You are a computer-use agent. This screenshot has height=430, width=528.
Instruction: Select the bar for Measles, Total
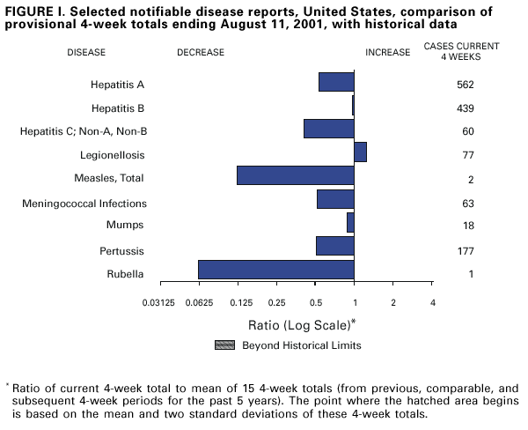tap(296, 174)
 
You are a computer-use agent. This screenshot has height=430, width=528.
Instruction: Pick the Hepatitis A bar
tap(336, 82)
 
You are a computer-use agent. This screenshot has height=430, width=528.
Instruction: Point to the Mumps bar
tap(350, 222)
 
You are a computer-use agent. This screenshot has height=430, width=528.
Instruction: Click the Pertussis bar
tap(334, 246)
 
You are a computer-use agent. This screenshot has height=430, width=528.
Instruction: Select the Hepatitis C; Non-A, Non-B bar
tap(329, 129)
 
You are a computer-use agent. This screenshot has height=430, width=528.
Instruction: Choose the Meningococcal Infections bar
tap(335, 199)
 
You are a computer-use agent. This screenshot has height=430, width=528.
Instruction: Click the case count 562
tap(466, 85)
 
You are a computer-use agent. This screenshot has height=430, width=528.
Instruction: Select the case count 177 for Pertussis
tap(466, 251)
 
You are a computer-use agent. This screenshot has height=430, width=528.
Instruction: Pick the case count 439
tap(466, 108)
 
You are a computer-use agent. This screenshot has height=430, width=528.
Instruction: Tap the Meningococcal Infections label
tap(84, 204)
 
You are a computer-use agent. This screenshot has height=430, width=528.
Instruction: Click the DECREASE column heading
tap(201, 52)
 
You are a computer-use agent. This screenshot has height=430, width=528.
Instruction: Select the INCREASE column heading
tap(387, 52)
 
